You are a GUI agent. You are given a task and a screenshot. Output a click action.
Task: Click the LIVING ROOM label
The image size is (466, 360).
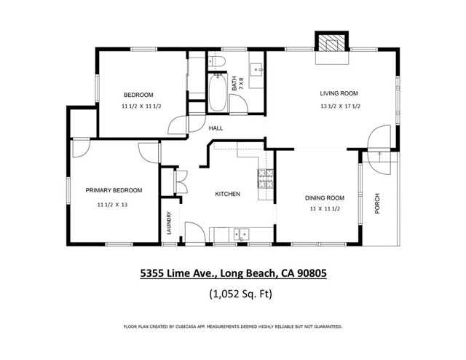click(x=339, y=93)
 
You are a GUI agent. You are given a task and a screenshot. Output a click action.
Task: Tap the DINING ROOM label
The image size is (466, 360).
click(x=325, y=198)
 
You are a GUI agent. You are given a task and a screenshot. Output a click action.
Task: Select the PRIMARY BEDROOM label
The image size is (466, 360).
click(x=114, y=190)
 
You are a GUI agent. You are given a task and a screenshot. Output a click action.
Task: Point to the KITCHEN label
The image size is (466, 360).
click(x=227, y=195)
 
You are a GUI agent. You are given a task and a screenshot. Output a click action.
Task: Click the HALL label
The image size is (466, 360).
click(x=216, y=128)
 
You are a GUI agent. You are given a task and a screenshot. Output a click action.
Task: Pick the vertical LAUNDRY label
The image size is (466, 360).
click(x=169, y=223)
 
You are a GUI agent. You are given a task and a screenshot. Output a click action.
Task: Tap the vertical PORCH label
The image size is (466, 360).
click(x=377, y=204)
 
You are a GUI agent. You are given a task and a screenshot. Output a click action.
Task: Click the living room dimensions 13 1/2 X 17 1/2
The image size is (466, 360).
click(x=340, y=106)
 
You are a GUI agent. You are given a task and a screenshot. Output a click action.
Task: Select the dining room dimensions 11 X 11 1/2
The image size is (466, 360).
click(x=325, y=209)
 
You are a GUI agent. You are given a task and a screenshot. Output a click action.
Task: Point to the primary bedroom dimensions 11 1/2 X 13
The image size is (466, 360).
click(x=112, y=205)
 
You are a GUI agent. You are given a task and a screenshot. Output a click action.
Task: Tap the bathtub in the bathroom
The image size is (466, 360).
click(x=217, y=93)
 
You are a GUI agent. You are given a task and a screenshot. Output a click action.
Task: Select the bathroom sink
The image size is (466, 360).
click(x=256, y=70)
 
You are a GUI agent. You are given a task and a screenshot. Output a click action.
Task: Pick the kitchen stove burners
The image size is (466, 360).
click(x=265, y=179)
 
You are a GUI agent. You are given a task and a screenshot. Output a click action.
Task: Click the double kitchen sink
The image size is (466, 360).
click(x=241, y=235)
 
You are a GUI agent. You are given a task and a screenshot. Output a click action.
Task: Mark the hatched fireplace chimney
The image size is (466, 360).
click(x=332, y=43)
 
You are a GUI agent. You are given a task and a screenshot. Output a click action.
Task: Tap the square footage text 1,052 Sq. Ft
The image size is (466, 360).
click(x=241, y=294)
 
